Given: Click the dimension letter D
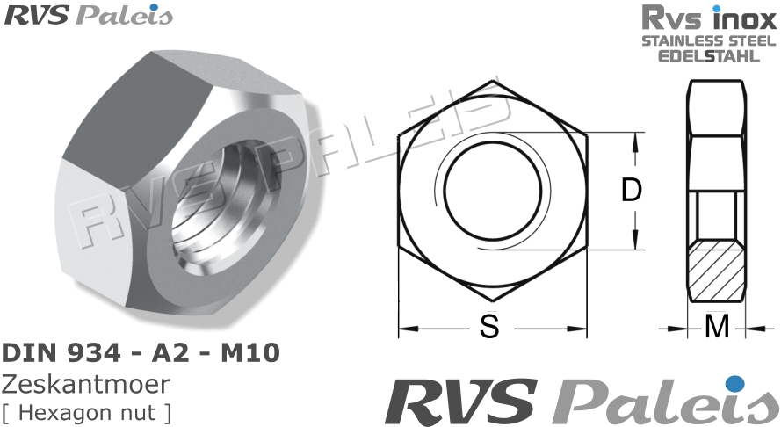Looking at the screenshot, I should [x=632, y=191].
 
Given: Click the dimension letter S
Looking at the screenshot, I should [x=490, y=328].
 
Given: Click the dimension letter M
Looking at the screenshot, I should [x=718, y=328].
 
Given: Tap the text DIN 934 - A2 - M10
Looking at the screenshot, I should [x=141, y=353].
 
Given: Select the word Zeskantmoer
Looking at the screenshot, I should [x=86, y=384].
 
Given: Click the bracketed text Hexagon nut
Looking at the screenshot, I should [x=87, y=411].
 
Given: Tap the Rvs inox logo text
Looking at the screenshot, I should [x=707, y=18].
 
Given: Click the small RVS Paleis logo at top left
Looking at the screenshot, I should [x=89, y=15].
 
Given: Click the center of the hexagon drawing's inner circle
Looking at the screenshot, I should [x=492, y=192].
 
